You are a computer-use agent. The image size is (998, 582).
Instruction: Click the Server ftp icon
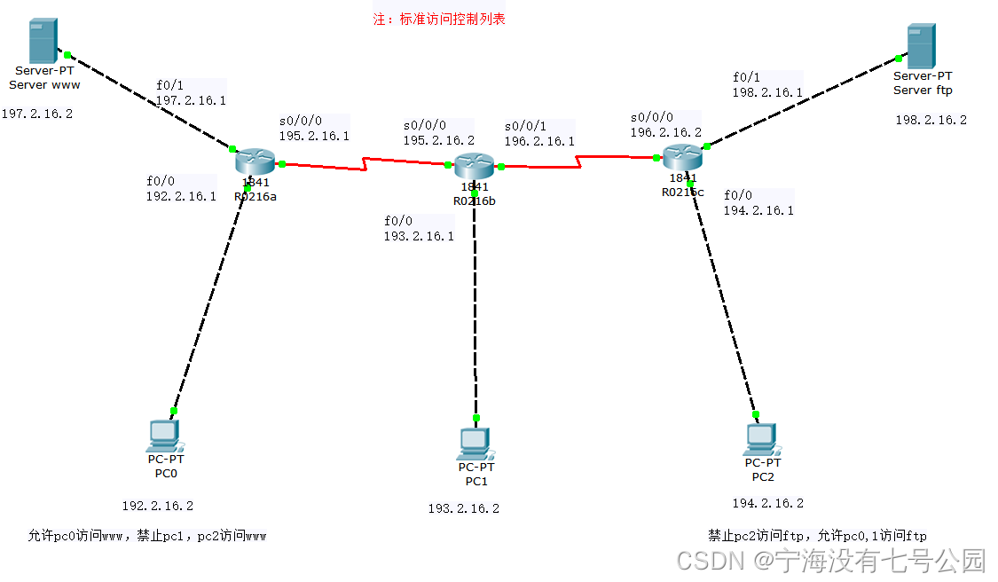[x=920, y=46]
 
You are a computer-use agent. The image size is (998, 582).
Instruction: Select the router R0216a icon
[x=256, y=162]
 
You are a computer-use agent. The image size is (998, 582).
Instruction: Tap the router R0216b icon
[x=474, y=166]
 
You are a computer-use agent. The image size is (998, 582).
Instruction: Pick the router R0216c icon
[x=682, y=158]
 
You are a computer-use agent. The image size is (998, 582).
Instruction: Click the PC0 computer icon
[x=164, y=435]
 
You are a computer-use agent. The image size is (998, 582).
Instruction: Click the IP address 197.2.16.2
[x=37, y=114]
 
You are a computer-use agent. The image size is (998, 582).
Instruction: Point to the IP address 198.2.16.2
[x=931, y=120]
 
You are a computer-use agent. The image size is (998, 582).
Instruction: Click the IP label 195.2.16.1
[x=314, y=137]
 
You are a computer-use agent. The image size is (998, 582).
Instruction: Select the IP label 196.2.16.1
[x=539, y=141]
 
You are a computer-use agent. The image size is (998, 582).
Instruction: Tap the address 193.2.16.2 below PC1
[x=463, y=508]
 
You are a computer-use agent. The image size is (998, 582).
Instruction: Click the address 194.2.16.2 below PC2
[x=767, y=503]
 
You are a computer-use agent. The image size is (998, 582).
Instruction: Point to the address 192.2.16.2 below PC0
[x=157, y=506]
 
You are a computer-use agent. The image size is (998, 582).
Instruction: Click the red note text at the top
[x=439, y=19]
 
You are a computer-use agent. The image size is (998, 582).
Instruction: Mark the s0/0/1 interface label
[x=525, y=125]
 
